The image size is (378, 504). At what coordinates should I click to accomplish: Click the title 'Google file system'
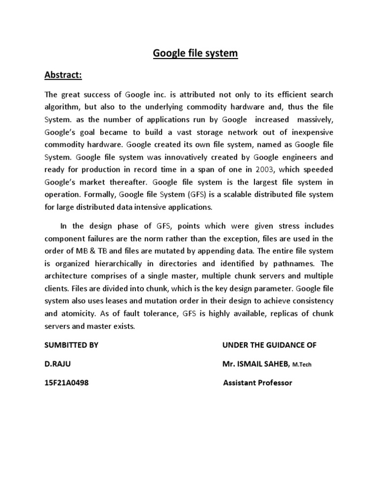click(x=189, y=53)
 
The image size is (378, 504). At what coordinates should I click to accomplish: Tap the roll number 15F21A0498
click(x=67, y=382)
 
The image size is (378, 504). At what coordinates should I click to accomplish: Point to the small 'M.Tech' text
click(x=302, y=365)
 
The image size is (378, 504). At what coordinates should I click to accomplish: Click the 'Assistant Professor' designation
click(x=257, y=382)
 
